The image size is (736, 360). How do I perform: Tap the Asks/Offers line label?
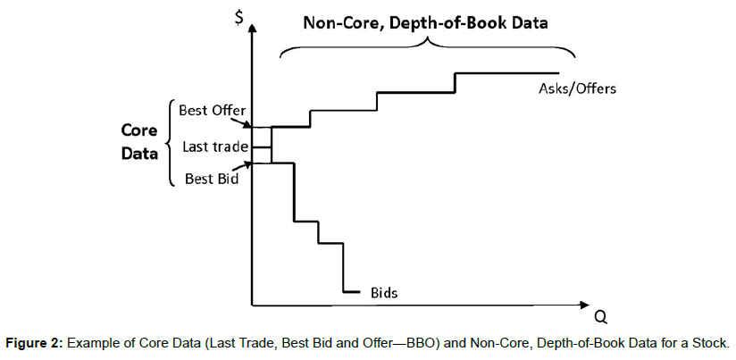(577, 88)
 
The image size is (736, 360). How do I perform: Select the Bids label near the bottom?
(383, 292)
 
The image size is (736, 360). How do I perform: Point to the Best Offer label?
(212, 111)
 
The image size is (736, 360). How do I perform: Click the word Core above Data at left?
(140, 130)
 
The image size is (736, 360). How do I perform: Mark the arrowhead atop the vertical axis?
(254, 29)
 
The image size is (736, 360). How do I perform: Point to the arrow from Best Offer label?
(247, 121)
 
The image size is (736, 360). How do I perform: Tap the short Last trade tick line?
(262, 145)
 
